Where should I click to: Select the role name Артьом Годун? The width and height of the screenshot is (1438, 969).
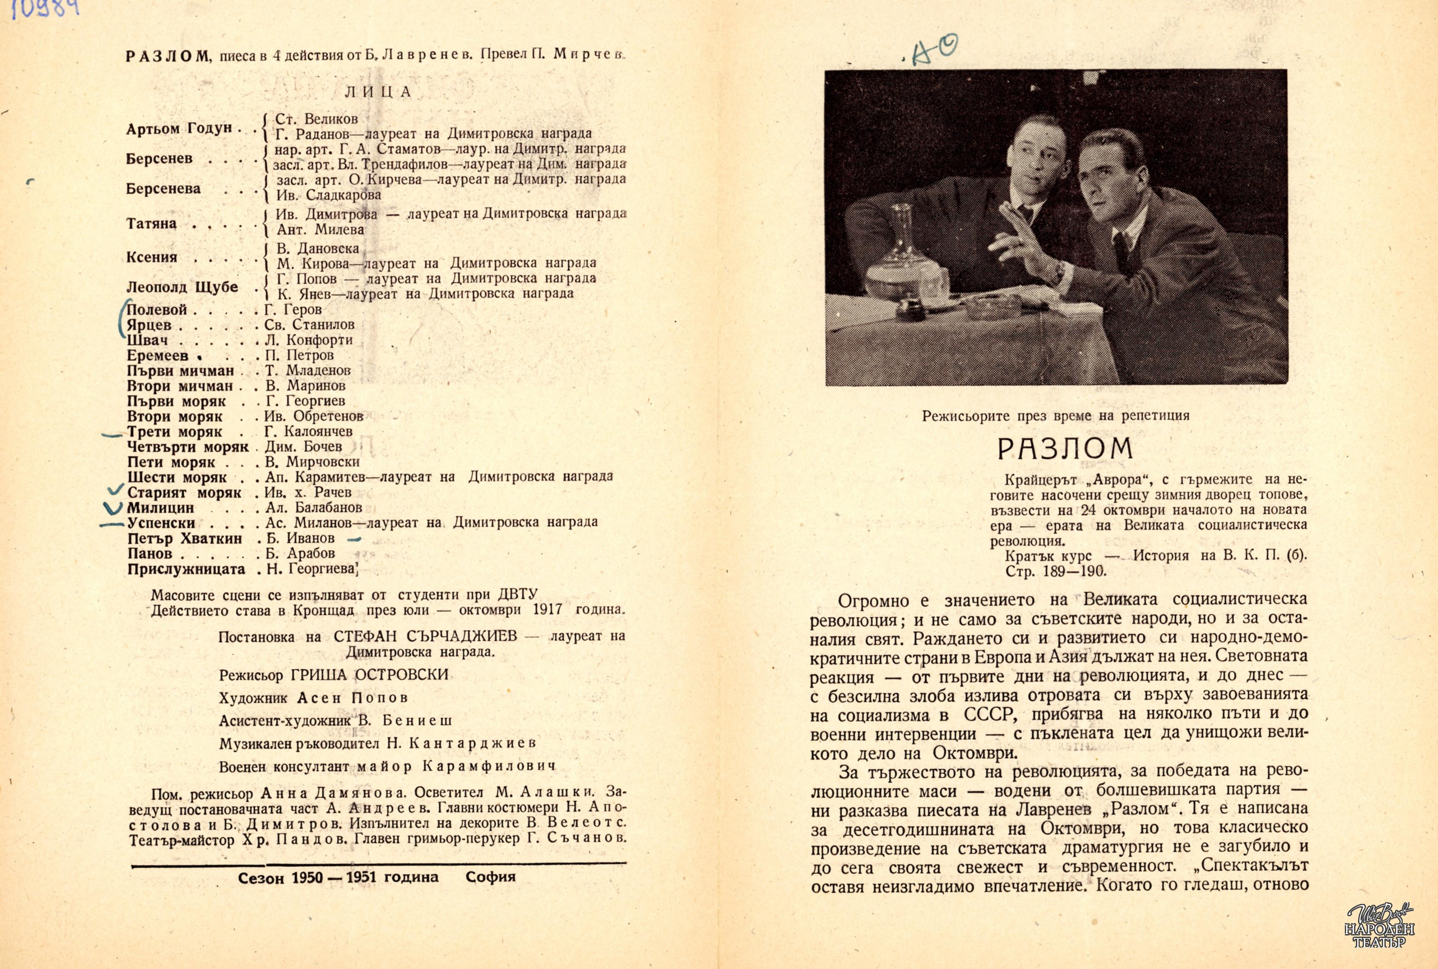click(179, 129)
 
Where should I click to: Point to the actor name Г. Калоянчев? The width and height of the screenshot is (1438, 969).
click(308, 432)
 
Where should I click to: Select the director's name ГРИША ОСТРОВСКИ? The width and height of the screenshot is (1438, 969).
click(369, 674)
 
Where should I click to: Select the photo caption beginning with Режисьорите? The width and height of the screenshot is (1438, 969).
click(1056, 416)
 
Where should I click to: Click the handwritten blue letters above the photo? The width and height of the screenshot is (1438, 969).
click(934, 49)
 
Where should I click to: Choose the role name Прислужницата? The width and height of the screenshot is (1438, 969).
click(186, 569)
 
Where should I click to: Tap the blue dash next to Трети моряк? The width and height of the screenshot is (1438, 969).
click(112, 435)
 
